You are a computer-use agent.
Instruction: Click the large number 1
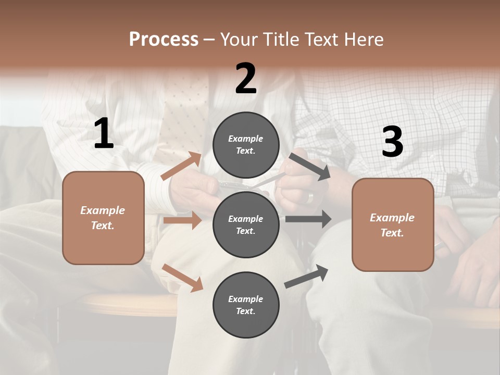click(104, 134)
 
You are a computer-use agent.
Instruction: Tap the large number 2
click(246, 79)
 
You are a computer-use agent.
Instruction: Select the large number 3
click(392, 142)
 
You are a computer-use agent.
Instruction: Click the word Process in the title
click(164, 39)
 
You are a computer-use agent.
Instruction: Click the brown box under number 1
click(103, 218)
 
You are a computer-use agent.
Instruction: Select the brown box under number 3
click(393, 224)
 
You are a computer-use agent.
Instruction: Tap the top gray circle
click(246, 145)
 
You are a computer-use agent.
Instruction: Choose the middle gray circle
click(246, 224)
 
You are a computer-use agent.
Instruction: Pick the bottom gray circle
click(246, 305)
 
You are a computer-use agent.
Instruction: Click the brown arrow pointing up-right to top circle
click(181, 166)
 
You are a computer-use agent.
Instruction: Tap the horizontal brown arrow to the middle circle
click(182, 220)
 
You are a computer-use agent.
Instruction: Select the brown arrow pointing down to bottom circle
click(182, 277)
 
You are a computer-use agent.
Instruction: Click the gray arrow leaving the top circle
click(309, 166)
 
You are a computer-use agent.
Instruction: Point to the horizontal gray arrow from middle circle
click(308, 219)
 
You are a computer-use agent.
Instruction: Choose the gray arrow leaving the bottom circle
click(307, 276)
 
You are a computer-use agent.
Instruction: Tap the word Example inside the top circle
click(246, 139)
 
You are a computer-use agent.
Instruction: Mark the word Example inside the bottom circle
click(246, 299)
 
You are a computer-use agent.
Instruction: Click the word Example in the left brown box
click(103, 210)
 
